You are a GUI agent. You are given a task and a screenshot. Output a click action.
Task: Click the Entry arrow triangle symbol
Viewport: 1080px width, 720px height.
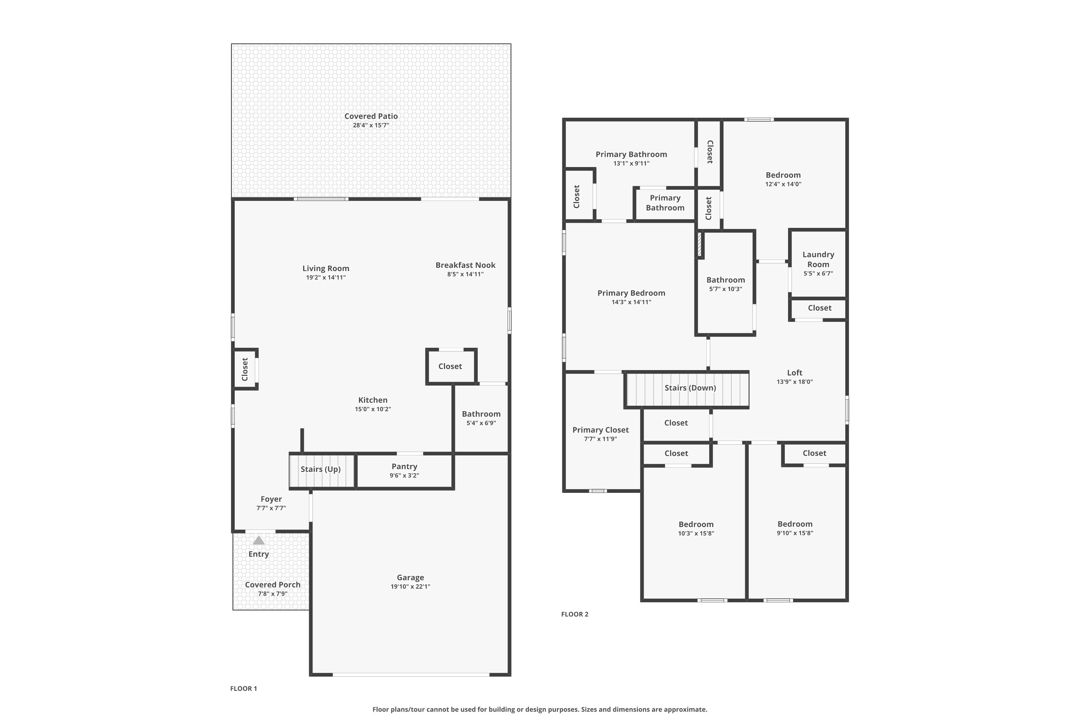(x=258, y=540)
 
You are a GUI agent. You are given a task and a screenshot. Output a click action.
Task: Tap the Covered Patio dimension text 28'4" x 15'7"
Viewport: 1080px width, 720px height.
(x=371, y=125)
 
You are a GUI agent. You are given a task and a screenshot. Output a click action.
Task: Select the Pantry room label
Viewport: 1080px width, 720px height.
(x=404, y=466)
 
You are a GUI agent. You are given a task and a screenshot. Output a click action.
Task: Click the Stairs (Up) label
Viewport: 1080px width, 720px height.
(x=320, y=469)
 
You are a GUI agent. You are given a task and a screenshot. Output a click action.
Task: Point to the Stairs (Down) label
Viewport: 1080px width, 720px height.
(x=690, y=388)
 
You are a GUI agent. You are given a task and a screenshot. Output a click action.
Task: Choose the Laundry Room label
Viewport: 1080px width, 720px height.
(x=818, y=259)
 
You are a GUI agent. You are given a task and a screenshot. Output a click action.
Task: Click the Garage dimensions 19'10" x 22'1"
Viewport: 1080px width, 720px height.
(x=410, y=586)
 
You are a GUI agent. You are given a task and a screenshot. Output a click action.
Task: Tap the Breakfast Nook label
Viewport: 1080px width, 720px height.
(x=465, y=265)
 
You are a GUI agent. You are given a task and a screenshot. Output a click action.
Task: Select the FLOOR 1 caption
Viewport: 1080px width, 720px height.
(x=243, y=688)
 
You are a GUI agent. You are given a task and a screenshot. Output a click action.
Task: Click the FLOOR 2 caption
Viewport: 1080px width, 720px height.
(x=575, y=614)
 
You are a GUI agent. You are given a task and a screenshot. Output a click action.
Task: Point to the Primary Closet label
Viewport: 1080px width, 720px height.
(x=600, y=430)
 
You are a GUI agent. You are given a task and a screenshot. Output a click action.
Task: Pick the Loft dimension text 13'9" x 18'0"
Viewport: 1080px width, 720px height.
(x=795, y=382)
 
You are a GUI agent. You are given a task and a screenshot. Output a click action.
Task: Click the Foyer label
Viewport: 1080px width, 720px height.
(x=271, y=499)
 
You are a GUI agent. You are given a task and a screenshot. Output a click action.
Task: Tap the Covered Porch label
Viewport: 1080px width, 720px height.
(x=272, y=585)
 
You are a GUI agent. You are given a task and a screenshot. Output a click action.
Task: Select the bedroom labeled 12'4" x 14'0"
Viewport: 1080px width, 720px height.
(x=783, y=175)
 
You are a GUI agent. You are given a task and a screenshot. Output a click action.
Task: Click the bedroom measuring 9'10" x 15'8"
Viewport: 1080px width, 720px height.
(x=795, y=524)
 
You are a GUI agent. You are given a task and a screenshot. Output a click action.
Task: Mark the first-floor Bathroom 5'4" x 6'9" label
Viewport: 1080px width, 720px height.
(x=481, y=414)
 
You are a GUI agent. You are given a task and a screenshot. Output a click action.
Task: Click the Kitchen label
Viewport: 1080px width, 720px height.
(x=372, y=400)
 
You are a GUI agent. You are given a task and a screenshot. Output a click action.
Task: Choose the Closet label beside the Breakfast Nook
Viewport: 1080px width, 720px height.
(x=450, y=366)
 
